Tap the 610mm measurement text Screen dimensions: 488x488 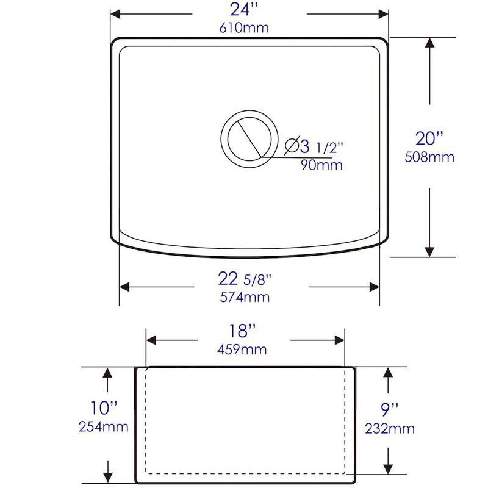coord(244,29)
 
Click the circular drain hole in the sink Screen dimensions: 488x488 coord(248,137)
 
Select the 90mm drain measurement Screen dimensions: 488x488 coord(321,165)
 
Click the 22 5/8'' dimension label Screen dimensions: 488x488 coord(244,279)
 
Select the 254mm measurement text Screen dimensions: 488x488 coord(103,426)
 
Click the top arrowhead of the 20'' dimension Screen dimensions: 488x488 coord(431,44)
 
